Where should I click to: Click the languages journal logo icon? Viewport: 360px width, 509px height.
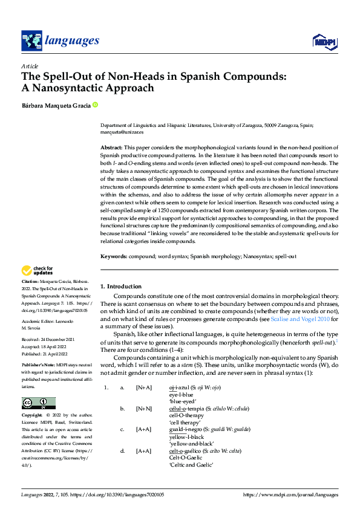coord(31,41)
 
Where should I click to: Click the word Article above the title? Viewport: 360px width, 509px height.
coord(30,66)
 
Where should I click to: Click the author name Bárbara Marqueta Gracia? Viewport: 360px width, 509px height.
coord(56,106)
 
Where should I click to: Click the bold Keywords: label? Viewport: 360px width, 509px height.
coord(114,256)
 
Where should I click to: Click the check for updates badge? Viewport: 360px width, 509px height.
coord(37,270)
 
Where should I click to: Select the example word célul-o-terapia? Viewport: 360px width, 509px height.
coord(188,408)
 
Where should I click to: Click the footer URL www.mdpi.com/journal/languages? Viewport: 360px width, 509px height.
coord(290,496)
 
